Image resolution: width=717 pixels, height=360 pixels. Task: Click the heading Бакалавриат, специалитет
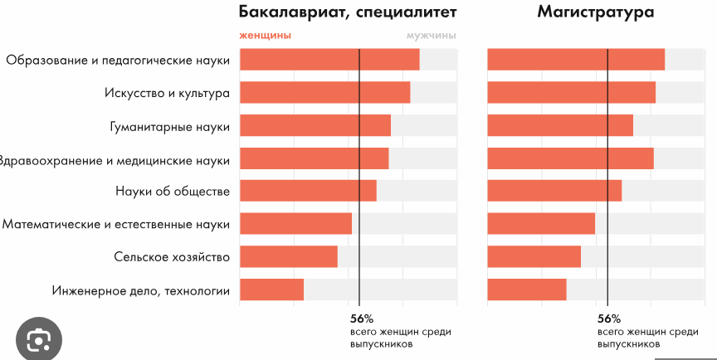tap(348, 12)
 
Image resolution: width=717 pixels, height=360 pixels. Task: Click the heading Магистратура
tap(595, 12)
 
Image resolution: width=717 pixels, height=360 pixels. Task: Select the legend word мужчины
tap(432, 36)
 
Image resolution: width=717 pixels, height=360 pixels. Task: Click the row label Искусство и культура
tap(167, 93)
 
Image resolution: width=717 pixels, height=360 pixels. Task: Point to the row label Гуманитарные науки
tap(169, 126)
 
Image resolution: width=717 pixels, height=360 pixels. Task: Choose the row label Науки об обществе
tap(172, 192)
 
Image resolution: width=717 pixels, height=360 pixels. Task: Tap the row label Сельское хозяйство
tap(171, 257)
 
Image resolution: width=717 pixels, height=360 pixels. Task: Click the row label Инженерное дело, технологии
tap(140, 290)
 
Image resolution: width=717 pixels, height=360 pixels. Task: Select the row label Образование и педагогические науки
tap(117, 60)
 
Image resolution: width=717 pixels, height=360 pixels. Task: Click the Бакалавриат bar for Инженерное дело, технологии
tap(271, 289)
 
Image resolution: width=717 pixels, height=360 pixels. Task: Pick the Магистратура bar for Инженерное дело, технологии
tap(526, 289)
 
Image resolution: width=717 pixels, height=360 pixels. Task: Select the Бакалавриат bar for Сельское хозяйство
tap(288, 256)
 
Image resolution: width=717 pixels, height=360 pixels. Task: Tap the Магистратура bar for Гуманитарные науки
tap(559, 125)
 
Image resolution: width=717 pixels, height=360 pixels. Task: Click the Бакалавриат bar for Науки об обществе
tap(308, 191)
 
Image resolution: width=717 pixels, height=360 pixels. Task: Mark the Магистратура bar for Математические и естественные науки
tap(541, 224)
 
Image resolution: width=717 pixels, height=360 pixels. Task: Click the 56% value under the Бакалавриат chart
tap(362, 319)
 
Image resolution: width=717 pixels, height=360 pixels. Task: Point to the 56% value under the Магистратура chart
tap(609, 319)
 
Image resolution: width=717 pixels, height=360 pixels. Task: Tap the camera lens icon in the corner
tap(38, 339)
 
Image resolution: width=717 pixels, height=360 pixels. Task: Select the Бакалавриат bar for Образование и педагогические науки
tap(329, 60)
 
